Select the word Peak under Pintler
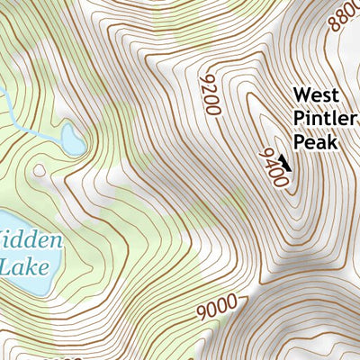314,142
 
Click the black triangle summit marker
285,162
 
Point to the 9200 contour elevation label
209,94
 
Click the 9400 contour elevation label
274,168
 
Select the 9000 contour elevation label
216,309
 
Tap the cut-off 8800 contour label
346,16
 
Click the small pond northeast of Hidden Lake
73,140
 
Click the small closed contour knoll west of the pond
38,168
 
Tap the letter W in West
301,94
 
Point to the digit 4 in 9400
272,164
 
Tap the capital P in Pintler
300,118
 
